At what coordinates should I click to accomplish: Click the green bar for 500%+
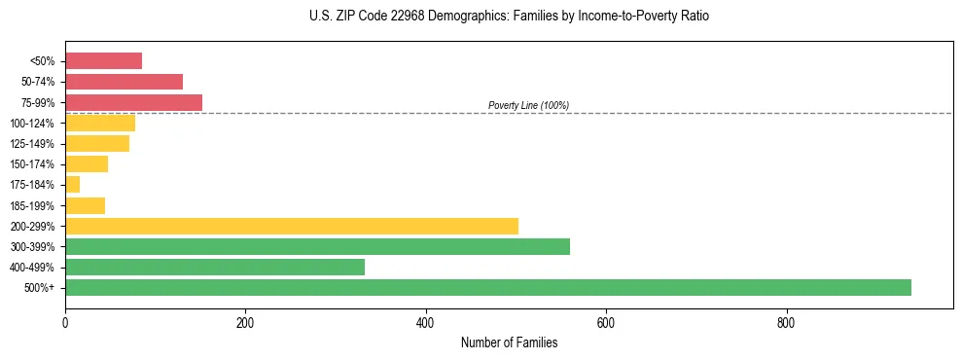tap(487, 287)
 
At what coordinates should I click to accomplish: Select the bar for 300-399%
tap(317, 246)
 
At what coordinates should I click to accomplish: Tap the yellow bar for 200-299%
tap(292, 226)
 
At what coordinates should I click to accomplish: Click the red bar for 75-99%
tap(133, 102)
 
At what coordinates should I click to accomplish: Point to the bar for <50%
tap(103, 61)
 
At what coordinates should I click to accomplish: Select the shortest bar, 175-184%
tap(72, 184)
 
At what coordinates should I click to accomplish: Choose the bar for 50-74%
tap(124, 82)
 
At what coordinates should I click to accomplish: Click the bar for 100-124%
tap(100, 123)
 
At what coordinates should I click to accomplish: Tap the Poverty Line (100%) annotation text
tap(528, 105)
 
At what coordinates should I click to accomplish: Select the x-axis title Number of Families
tap(509, 342)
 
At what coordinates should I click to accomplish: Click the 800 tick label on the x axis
tap(786, 323)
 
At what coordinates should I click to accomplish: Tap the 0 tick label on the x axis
tap(65, 323)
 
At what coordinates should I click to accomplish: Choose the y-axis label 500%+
tap(40, 288)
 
